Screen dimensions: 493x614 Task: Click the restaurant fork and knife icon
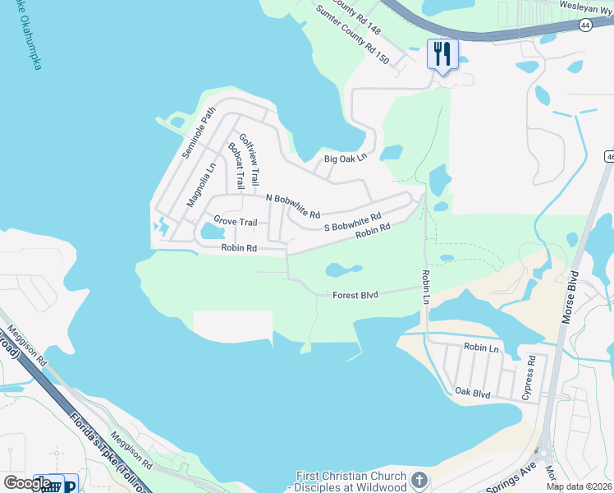tap(442, 54)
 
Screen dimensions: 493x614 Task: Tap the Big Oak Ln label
tap(345, 158)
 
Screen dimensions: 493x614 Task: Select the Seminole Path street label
tap(199, 132)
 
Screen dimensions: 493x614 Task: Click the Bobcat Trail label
tap(236, 167)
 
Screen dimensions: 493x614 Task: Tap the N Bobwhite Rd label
tap(293, 200)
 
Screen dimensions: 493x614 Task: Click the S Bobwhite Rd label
tap(353, 223)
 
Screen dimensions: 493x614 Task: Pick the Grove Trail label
tap(236, 222)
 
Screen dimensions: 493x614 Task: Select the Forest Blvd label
tap(355, 295)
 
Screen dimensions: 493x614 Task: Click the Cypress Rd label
tap(529, 378)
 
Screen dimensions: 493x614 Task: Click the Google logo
tap(26, 483)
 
